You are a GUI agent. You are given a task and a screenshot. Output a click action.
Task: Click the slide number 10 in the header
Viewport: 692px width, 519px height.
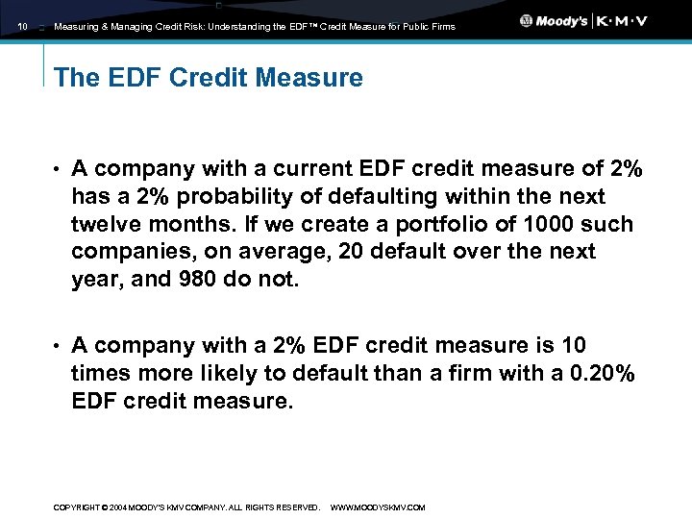pos(23,27)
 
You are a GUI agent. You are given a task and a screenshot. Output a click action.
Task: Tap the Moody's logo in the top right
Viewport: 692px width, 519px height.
pos(555,21)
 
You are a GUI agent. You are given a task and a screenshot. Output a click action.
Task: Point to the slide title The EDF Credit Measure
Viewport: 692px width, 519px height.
pos(209,78)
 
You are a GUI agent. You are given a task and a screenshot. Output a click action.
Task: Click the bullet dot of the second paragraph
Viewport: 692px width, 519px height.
pos(57,346)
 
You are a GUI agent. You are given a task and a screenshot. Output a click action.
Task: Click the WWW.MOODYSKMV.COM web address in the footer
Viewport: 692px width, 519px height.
pos(378,507)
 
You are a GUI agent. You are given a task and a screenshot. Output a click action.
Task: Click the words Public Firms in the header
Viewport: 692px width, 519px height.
pos(430,27)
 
